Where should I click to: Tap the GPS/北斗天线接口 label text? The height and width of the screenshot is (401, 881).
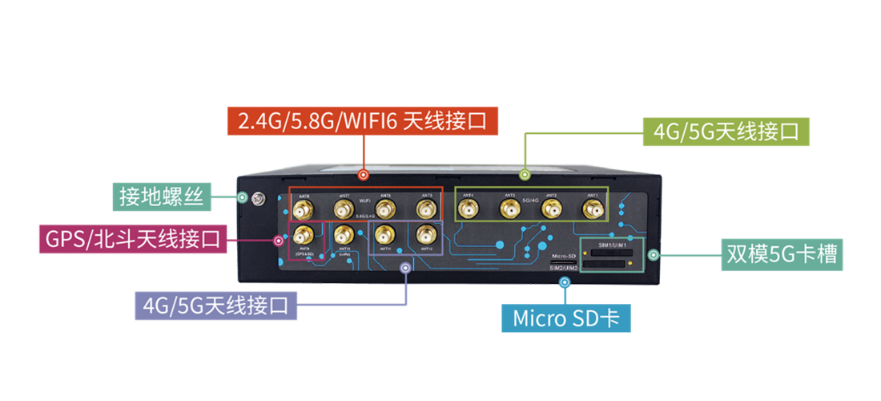click(x=133, y=239)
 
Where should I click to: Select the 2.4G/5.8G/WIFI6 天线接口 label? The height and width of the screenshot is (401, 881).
click(x=363, y=122)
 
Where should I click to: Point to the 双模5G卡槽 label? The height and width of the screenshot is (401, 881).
click(x=782, y=254)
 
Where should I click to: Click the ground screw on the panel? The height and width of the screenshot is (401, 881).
click(x=258, y=199)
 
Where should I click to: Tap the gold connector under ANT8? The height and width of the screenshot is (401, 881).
click(x=302, y=210)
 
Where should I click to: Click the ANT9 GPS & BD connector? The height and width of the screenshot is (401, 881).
click(x=304, y=235)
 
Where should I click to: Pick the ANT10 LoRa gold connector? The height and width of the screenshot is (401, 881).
click(x=344, y=235)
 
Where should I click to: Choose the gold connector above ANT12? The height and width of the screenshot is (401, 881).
click(x=424, y=235)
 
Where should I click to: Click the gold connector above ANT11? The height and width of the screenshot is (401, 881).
click(x=384, y=235)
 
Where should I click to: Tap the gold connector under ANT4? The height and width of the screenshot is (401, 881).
click(x=468, y=210)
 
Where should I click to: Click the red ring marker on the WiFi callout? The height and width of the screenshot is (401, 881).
click(x=363, y=173)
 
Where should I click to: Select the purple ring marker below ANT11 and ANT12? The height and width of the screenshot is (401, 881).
click(x=405, y=268)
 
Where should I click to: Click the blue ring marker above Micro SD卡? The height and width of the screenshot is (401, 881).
click(x=565, y=282)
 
